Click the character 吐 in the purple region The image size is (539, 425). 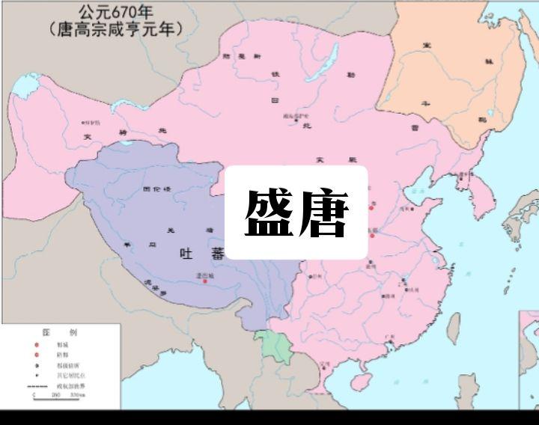click(x=187, y=254)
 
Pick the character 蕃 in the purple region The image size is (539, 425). click(x=217, y=254)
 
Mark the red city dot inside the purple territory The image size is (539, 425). click(x=204, y=281)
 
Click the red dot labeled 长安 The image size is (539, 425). click(x=371, y=235)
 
